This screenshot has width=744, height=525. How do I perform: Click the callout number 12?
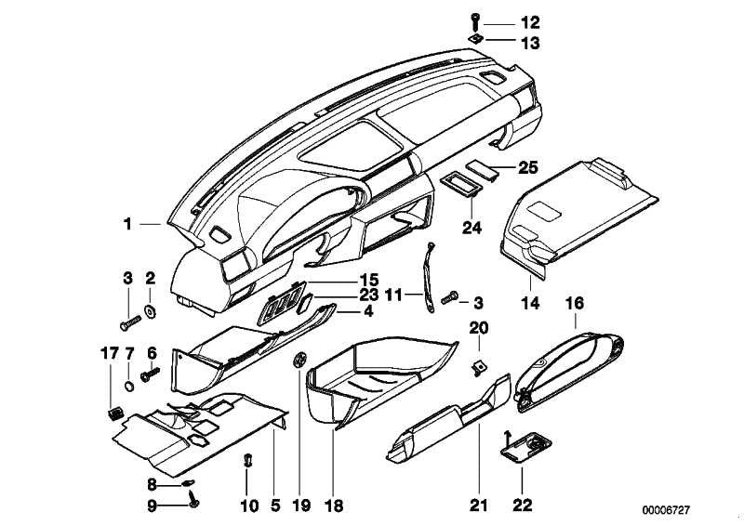(530, 22)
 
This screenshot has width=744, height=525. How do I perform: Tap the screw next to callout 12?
(475, 22)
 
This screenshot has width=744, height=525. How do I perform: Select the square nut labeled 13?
(475, 39)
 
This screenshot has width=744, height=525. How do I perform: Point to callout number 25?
(527, 167)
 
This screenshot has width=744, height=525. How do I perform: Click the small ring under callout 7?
(128, 386)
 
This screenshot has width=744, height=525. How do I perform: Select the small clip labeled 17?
(114, 413)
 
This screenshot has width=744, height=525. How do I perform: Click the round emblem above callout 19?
(299, 360)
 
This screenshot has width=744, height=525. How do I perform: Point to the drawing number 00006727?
(666, 510)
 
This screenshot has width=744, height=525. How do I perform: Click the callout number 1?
(127, 223)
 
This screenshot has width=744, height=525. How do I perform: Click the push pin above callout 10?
(247, 460)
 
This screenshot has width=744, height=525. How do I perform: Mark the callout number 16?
(575, 303)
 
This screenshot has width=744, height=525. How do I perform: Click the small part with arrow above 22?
(525, 445)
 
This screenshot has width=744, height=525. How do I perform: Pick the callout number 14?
(530, 303)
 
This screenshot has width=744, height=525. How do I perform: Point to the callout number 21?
(479, 505)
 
